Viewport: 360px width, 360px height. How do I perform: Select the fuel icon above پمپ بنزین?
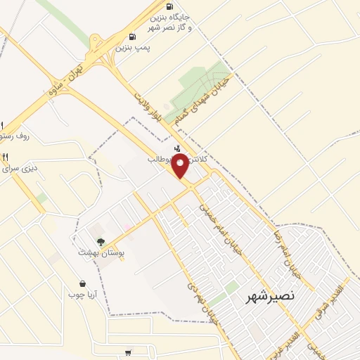(132, 37)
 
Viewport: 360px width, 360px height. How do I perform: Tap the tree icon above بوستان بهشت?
(101, 243)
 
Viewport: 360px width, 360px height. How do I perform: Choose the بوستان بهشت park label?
(101, 252)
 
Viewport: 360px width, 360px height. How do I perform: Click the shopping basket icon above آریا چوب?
(82, 284)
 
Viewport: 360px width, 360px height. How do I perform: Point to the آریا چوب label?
(82, 294)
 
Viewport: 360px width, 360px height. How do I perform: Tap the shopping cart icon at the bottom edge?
(127, 353)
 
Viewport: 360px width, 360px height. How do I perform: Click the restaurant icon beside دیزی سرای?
(5, 157)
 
